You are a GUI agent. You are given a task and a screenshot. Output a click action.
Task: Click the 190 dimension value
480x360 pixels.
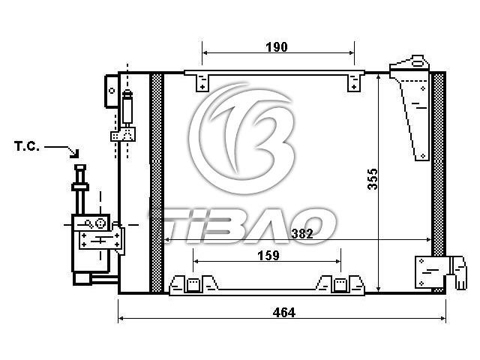coord(277,47)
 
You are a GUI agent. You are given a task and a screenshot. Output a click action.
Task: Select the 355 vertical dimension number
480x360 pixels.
coord(373,179)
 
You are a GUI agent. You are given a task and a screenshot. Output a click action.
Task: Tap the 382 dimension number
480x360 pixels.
coord(302,234)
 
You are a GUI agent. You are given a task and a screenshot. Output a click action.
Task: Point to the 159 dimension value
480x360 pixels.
coord(268,255)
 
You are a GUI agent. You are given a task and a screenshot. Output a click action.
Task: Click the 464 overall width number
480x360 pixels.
coord(283,313)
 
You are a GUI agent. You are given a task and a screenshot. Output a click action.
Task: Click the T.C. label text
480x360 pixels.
coord(27,146)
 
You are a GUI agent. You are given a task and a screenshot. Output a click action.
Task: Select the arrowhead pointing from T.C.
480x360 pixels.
coord(75,154)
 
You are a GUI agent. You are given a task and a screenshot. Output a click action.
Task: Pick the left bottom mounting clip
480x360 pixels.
coord(193,284)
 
